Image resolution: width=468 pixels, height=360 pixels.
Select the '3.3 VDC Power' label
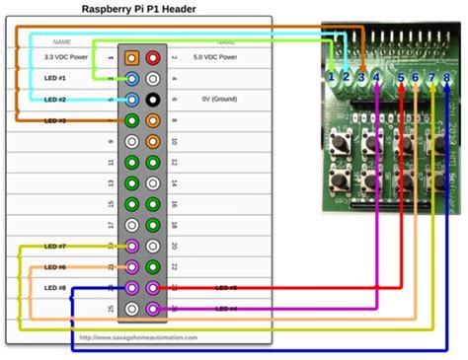point(64,58)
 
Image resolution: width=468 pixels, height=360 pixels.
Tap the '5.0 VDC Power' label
point(214,58)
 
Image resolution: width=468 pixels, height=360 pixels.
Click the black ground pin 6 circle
point(153,100)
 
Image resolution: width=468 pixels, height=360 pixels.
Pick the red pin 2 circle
point(153,58)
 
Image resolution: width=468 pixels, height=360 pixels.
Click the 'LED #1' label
point(56,79)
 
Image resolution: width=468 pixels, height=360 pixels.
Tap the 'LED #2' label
point(56,100)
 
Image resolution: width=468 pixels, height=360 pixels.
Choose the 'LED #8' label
point(56,287)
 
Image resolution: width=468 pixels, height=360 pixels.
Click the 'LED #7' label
point(56,246)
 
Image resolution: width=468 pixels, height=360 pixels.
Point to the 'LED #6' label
point(56,266)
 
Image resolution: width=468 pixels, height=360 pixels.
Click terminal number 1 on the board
point(333,76)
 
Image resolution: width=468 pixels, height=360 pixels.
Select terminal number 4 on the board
point(376,76)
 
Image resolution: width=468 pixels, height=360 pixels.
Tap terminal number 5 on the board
point(402,76)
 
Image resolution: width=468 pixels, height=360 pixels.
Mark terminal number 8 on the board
point(446,76)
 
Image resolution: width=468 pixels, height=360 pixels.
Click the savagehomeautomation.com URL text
point(138,337)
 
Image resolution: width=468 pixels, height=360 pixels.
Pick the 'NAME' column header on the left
point(61,42)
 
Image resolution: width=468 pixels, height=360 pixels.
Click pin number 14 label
point(173,183)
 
